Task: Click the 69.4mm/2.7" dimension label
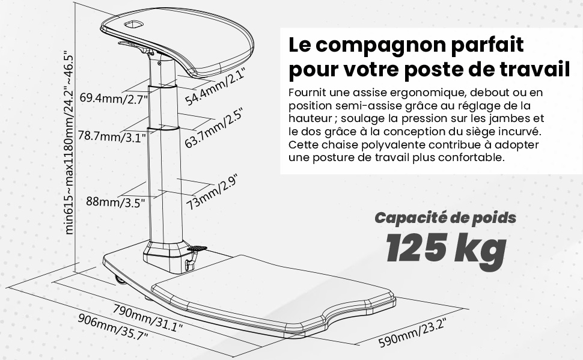tap(114, 99)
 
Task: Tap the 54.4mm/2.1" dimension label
tap(216, 87)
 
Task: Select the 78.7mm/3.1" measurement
tap(112, 136)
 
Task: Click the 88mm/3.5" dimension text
tap(115, 203)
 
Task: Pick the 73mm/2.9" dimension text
tap(212, 192)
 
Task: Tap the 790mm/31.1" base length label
tap(148, 317)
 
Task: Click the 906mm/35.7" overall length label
tap(113, 326)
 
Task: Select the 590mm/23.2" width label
tap(412, 332)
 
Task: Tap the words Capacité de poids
tap(445, 218)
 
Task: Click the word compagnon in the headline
tap(380, 45)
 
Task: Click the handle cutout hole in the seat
tap(134, 24)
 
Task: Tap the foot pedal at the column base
tap(197, 248)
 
